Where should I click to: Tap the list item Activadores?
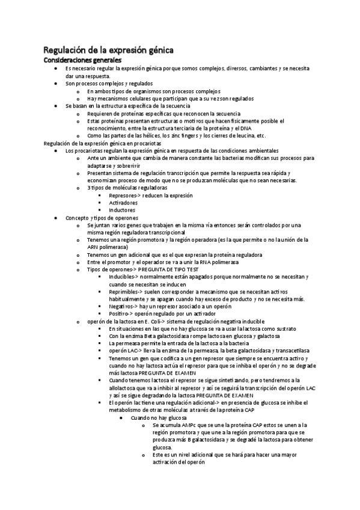pyautogui.click(x=123, y=203)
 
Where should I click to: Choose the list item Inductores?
pyautogui.click(x=122, y=210)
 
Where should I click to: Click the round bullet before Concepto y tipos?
pyautogui.click(x=55, y=218)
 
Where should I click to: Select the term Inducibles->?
pyautogui.click(x=124, y=277)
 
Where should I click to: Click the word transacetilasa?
pyautogui.click(x=293, y=351)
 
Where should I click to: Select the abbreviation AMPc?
pyautogui.click(x=183, y=425)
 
